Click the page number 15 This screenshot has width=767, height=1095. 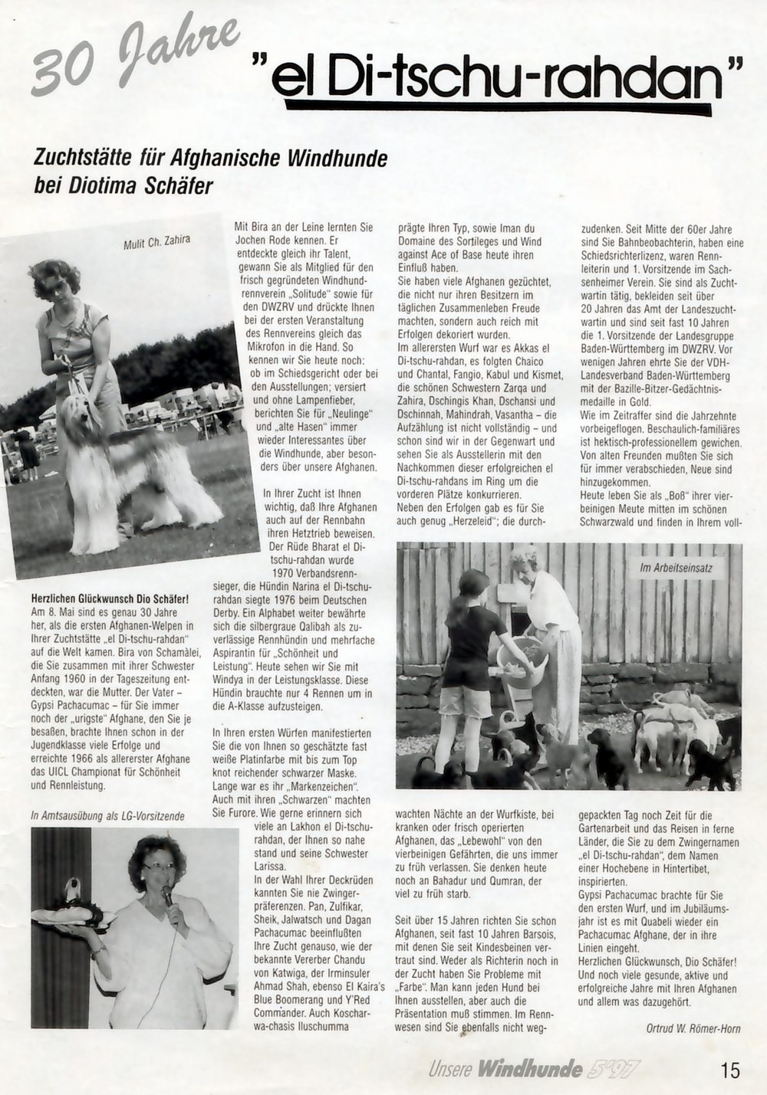[x=730, y=1070]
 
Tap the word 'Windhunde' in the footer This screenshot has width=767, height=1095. [x=529, y=1069]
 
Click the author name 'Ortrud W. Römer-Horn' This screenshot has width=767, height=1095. [x=688, y=1028]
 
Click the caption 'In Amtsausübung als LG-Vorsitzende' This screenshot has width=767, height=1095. [x=107, y=816]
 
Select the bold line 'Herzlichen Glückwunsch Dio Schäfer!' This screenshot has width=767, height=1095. [x=110, y=598]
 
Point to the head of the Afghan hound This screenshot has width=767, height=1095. [x=80, y=414]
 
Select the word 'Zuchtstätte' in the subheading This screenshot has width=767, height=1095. [x=79, y=159]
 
